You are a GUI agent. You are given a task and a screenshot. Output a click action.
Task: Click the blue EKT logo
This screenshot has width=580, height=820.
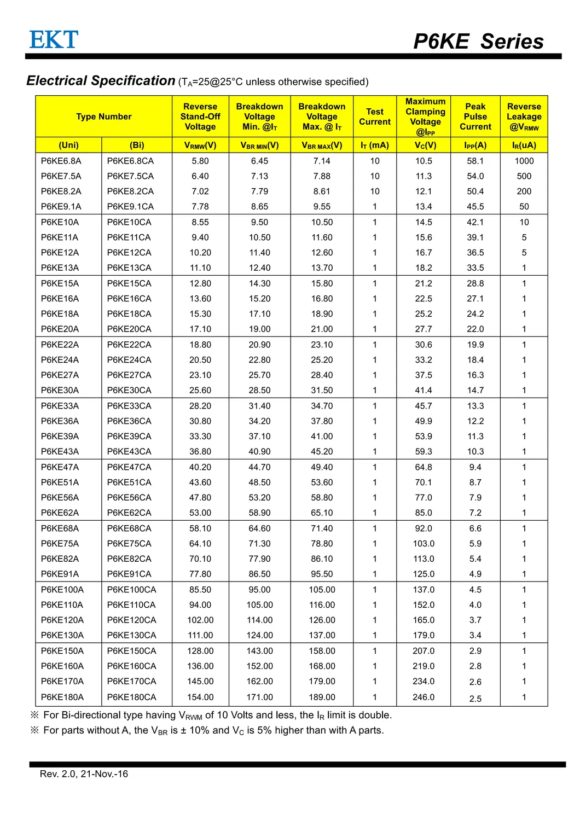54,40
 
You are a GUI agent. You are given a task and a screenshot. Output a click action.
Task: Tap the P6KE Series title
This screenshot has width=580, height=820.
478,42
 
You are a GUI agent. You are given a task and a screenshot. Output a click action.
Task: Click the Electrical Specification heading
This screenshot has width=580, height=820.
101,81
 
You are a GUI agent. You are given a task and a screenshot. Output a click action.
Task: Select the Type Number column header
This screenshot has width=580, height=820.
104,117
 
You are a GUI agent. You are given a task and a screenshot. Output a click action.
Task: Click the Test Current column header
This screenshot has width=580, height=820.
375,117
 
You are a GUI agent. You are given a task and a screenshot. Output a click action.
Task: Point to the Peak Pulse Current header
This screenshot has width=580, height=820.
475,117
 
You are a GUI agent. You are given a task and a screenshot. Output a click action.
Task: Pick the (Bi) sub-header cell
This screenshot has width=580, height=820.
137,145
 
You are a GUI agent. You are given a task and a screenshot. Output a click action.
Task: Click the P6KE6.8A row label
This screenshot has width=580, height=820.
61,161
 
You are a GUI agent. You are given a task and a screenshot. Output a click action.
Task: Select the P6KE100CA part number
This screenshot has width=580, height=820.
131,590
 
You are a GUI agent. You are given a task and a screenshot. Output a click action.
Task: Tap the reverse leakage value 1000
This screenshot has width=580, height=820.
524,161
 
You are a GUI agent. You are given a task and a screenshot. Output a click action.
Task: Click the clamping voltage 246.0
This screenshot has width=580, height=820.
424,697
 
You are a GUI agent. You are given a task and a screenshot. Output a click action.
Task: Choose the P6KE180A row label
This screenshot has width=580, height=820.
62,697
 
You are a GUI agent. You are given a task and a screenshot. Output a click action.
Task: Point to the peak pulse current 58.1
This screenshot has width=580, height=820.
475,161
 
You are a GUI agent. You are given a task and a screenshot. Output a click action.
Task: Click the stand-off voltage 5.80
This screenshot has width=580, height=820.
200,161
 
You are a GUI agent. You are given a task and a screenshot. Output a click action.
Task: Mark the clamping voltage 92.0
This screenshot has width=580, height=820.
424,528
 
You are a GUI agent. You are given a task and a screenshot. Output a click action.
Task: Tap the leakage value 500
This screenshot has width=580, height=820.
524,176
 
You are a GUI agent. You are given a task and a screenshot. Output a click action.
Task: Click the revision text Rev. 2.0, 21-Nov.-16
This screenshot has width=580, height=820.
84,774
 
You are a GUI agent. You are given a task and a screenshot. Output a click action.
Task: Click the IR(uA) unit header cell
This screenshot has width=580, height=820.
524,145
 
